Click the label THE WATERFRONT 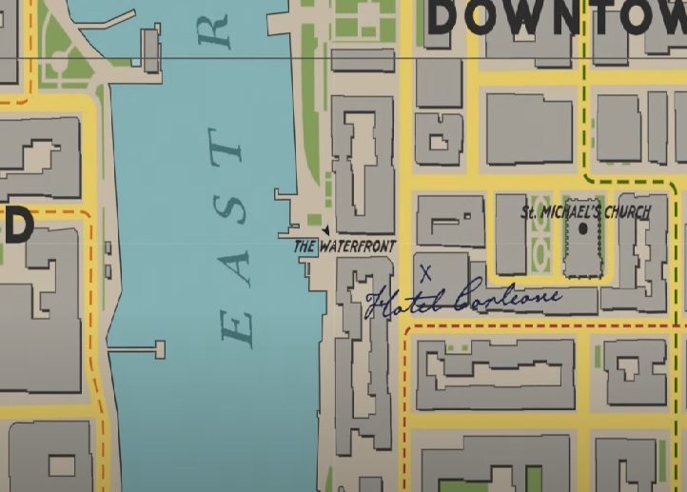(x=343, y=246)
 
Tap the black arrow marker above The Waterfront (x=325, y=231)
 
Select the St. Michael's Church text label (x=585, y=212)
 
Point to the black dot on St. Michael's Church (x=583, y=229)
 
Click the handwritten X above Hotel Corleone (x=425, y=273)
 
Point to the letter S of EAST (x=235, y=205)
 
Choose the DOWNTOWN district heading (x=556, y=17)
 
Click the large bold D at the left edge (x=17, y=227)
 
